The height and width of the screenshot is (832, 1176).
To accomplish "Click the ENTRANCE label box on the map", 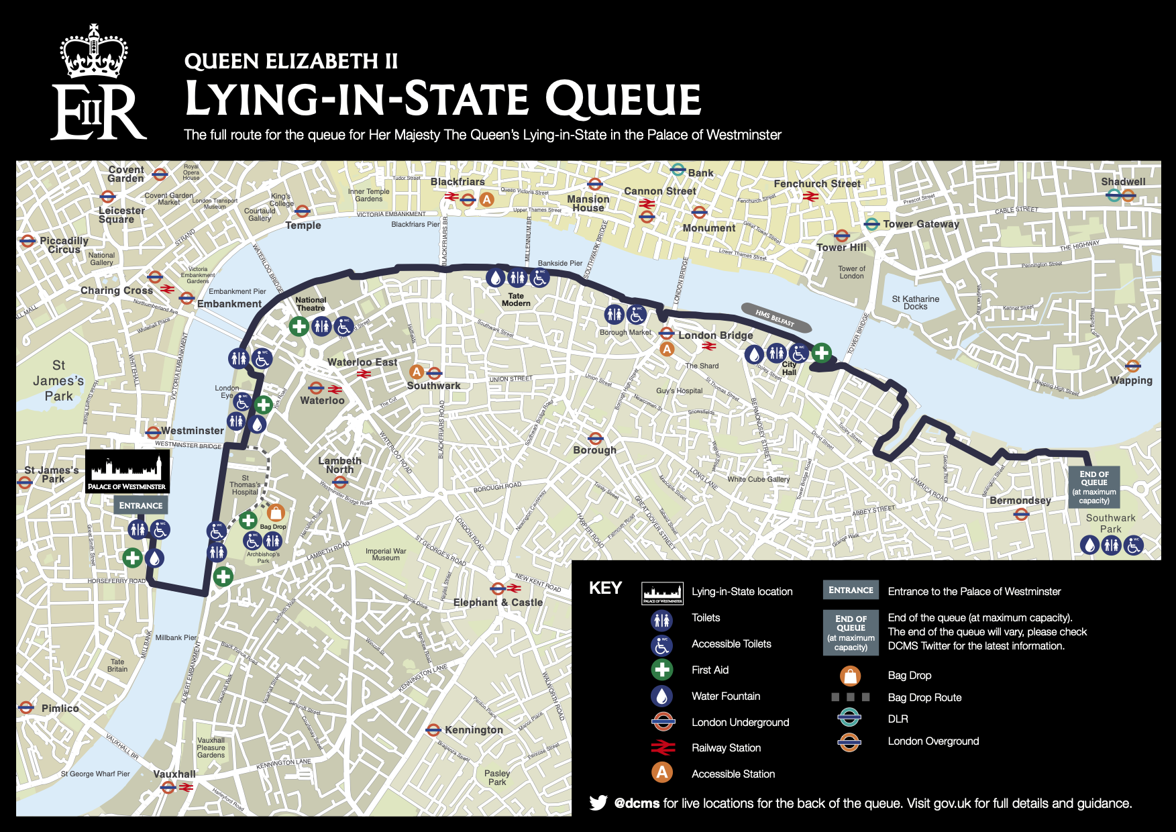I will pyautogui.click(x=141, y=505).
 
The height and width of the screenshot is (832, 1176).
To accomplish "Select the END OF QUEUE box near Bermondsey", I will pyautogui.click(x=1093, y=487).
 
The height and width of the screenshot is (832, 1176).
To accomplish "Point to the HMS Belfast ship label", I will pyautogui.click(x=776, y=317).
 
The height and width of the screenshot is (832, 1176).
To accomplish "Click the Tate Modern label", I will pyautogui.click(x=516, y=300).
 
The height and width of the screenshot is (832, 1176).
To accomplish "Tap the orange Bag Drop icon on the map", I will pyautogui.click(x=276, y=513).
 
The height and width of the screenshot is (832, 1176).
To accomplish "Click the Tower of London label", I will pyautogui.click(x=851, y=272).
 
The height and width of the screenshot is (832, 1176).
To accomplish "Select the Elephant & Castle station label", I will pyautogui.click(x=498, y=602).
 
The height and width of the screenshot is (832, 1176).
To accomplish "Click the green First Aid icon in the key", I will pyautogui.click(x=662, y=670).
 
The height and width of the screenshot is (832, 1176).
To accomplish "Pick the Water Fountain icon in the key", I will pyautogui.click(x=662, y=696).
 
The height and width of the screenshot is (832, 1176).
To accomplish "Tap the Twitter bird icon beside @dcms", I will pyautogui.click(x=598, y=802).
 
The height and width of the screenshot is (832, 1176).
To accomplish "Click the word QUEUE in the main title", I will pyautogui.click(x=623, y=99).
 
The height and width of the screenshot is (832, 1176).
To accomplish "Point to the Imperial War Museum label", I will pyautogui.click(x=386, y=554).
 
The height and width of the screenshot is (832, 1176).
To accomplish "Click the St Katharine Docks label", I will pyautogui.click(x=915, y=303).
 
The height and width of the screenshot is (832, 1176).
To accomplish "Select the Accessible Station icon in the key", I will pyautogui.click(x=662, y=773).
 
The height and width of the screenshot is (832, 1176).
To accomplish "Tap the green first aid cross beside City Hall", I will pyautogui.click(x=821, y=352).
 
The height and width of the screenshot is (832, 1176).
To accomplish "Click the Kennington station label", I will pyautogui.click(x=474, y=729).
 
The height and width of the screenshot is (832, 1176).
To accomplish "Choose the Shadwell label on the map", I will pyautogui.click(x=1123, y=181).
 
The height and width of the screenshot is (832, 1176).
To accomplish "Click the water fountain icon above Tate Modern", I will pyautogui.click(x=495, y=277).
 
